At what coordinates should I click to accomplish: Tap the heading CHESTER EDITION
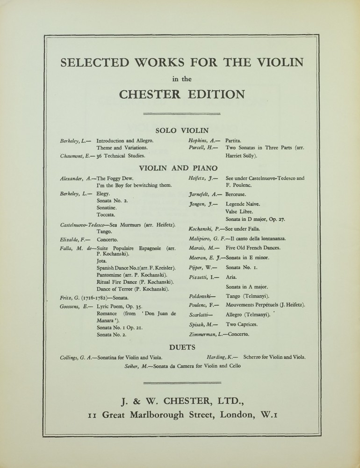coord(182,94)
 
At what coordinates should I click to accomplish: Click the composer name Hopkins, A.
coord(202,140)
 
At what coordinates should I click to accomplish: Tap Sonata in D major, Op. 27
coord(255,219)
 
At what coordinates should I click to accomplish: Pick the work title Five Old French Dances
coord(253,248)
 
